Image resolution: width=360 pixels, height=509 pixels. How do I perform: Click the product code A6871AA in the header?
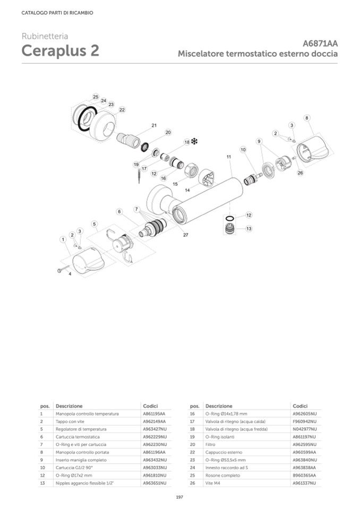pos(320,44)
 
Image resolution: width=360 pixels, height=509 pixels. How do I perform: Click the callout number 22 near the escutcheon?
pos(122,110)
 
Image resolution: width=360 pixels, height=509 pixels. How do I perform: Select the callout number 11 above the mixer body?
pos(229,157)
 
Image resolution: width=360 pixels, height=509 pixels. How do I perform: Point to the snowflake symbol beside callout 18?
pos(194,142)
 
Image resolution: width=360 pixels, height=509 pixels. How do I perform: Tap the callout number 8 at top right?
pos(307,117)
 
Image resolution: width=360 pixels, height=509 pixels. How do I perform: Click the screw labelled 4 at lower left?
pos(61,271)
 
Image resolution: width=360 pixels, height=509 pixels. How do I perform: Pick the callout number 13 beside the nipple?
pos(248,229)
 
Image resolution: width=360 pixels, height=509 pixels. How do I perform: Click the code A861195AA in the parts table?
pos(154,413)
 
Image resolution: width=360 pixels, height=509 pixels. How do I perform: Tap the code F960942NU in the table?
pos(304,421)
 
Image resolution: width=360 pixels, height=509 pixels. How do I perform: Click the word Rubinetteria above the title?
pos(45,36)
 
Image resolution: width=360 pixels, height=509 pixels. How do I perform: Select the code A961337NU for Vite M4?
pos(304,483)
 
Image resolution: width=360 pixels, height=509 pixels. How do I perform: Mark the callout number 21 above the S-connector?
pos(154,125)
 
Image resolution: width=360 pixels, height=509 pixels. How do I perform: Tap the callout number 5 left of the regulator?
pos(94,224)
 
